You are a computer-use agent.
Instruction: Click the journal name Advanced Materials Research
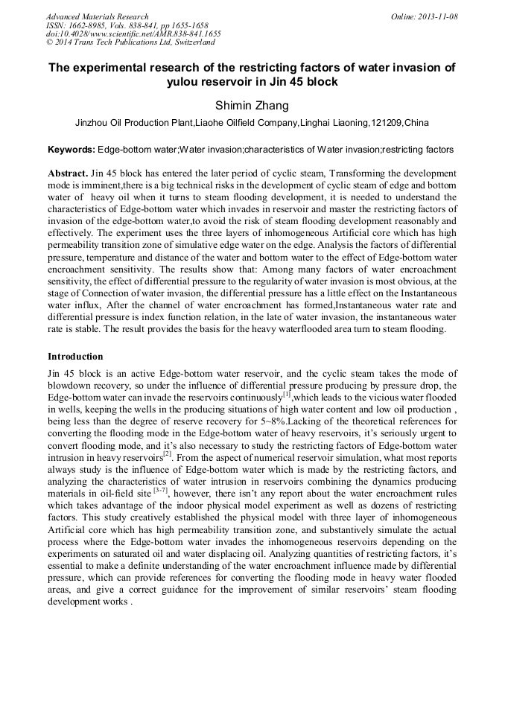click(97, 16)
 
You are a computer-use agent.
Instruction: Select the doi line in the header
click(133, 34)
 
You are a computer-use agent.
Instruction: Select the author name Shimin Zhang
click(252, 106)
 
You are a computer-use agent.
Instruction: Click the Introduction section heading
click(75, 357)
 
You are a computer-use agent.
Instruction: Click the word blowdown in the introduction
click(71, 386)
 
